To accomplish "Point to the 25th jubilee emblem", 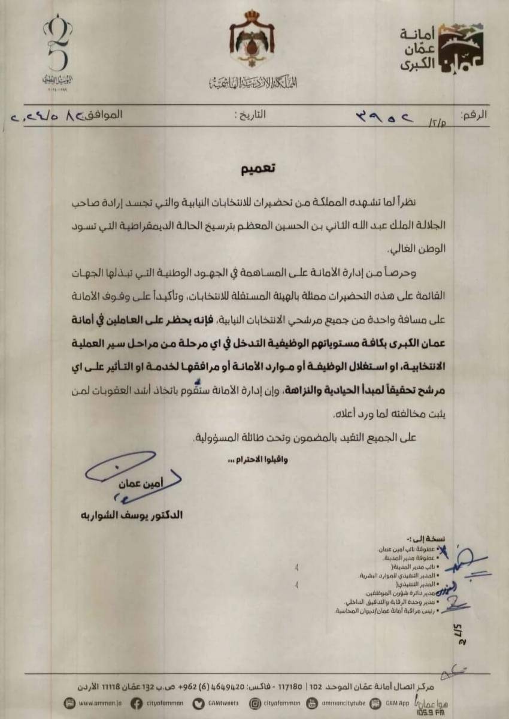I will pos(58,50).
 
